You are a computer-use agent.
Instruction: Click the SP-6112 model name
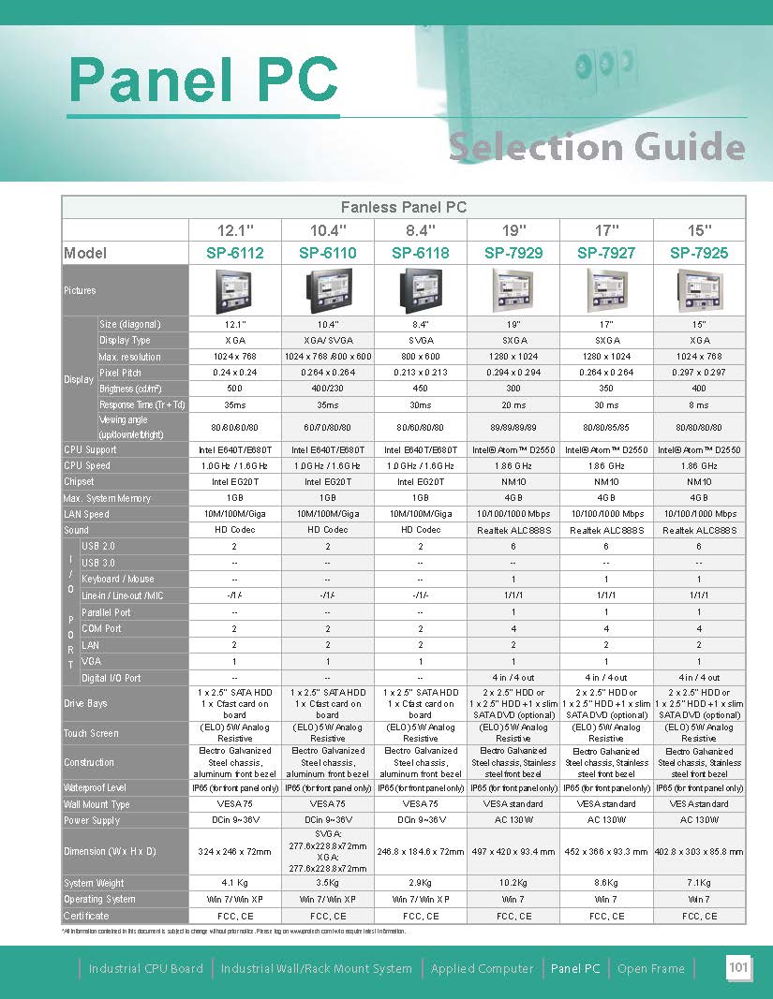pyautogui.click(x=235, y=253)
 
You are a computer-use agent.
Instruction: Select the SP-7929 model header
pyautogui.click(x=513, y=253)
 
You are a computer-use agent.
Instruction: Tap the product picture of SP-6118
pyautogui.click(x=421, y=290)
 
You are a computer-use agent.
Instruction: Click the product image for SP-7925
pyautogui.click(x=699, y=290)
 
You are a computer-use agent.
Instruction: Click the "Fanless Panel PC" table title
pyautogui.click(x=403, y=207)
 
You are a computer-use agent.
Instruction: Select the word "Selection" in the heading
pyautogui.click(x=535, y=147)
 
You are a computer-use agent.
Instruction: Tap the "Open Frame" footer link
pyautogui.click(x=651, y=969)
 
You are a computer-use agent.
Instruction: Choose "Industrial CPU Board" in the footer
pyautogui.click(x=146, y=969)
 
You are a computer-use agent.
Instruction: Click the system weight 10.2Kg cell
pyautogui.click(x=513, y=883)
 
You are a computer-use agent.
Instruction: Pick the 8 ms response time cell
pyautogui.click(x=699, y=404)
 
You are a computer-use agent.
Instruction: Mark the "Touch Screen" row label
pyautogui.click(x=91, y=733)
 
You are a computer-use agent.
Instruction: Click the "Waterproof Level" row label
pyautogui.click(x=95, y=788)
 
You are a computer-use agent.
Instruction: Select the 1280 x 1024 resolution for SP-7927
pyautogui.click(x=606, y=357)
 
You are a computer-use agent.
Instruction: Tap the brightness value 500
pyautogui.click(x=235, y=389)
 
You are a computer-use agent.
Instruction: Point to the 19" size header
pyautogui.click(x=513, y=229)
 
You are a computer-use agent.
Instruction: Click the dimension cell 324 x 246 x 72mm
pyautogui.click(x=235, y=852)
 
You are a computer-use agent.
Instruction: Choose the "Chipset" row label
pyautogui.click(x=80, y=481)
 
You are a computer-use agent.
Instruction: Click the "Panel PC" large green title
pyautogui.click(x=203, y=81)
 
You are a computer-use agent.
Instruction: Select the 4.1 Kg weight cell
pyautogui.click(x=235, y=883)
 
